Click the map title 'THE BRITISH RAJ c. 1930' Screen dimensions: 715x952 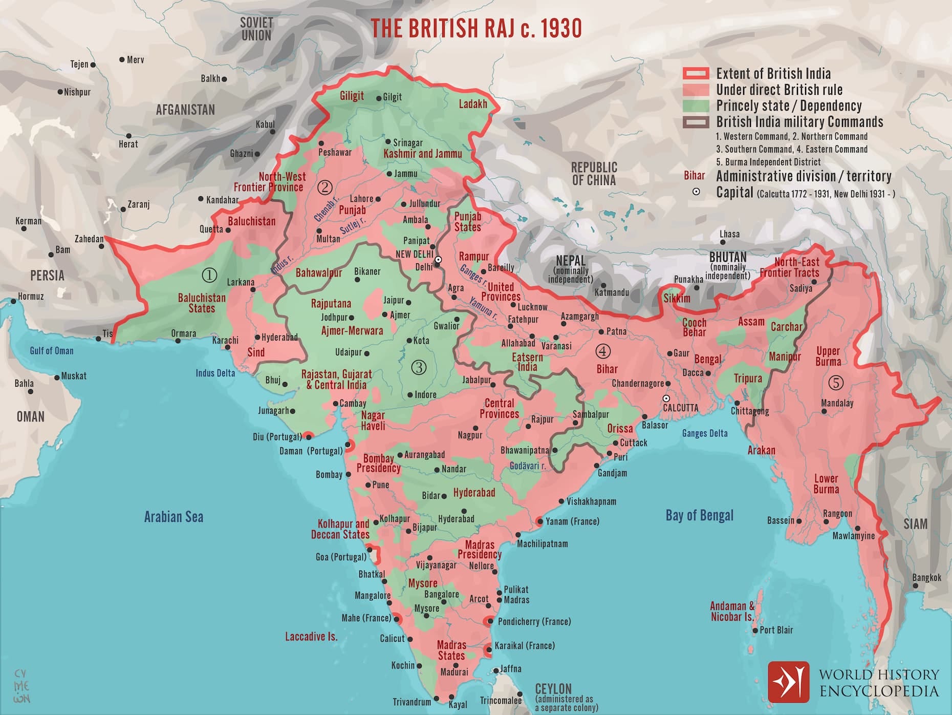[x=476, y=29]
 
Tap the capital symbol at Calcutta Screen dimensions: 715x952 [x=666, y=398]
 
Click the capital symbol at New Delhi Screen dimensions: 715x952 [x=438, y=260]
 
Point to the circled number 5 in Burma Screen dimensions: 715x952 [x=836, y=383]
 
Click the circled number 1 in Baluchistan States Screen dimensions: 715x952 [x=210, y=275]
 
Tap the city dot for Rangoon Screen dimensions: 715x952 [x=826, y=522]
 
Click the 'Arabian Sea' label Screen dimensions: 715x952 [x=174, y=516]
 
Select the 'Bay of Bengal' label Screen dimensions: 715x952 [x=699, y=515]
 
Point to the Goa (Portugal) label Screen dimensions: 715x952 [x=341, y=557]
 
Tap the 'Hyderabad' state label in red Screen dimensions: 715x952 [x=474, y=493]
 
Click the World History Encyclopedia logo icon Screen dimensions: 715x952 [x=789, y=682]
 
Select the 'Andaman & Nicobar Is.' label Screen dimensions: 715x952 [x=732, y=612]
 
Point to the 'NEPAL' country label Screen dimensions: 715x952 [x=570, y=261]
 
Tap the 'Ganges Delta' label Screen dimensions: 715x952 [x=705, y=433]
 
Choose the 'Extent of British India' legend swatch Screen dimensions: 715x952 [x=696, y=74]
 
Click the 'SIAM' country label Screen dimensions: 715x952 [x=915, y=524]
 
